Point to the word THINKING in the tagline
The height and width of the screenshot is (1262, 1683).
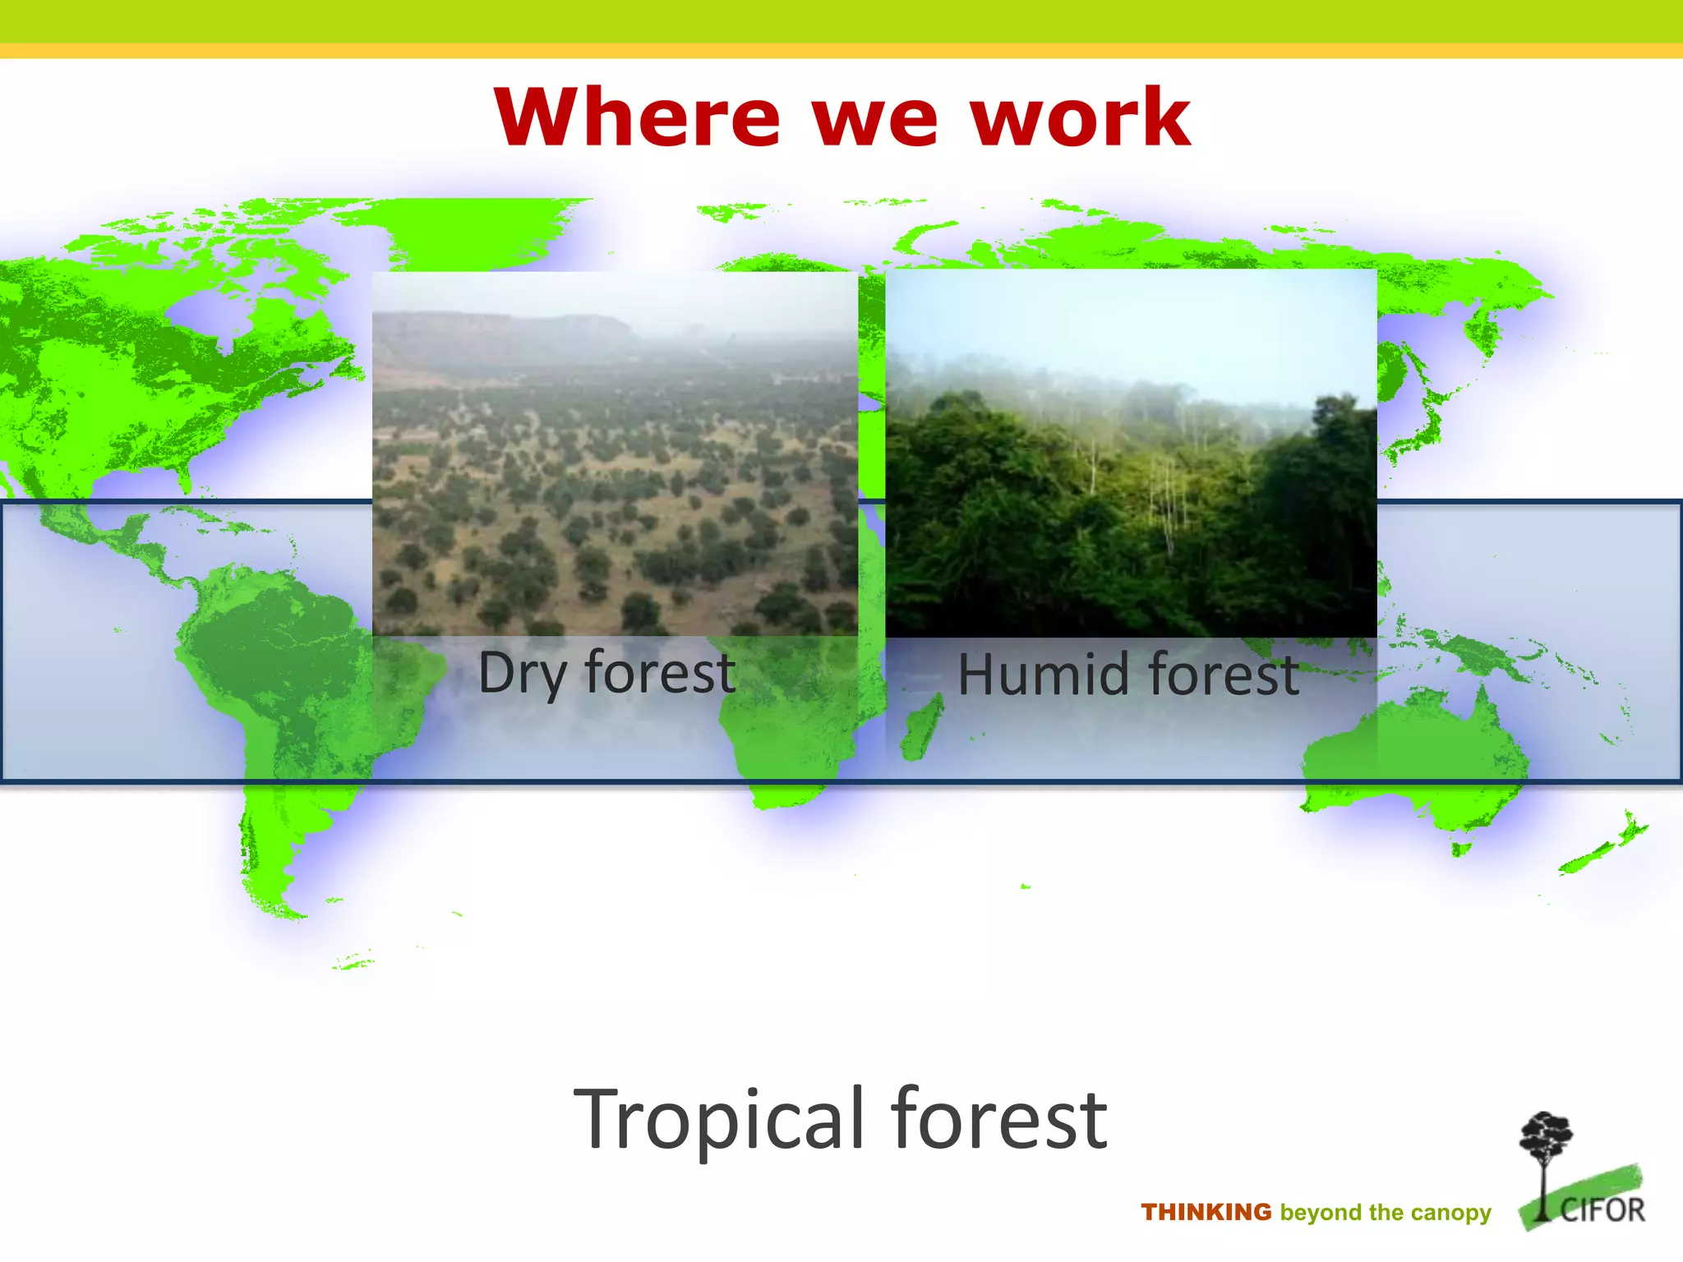(1206, 1213)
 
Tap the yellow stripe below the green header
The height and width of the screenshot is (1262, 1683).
(841, 51)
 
